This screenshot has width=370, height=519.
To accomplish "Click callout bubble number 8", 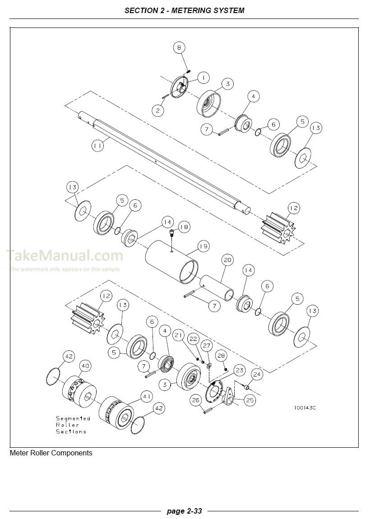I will pos(180,47).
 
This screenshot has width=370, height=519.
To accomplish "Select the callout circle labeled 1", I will pos(203,78).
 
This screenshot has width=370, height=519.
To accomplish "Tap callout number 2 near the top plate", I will pos(157,110).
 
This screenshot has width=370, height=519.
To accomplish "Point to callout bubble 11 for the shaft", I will pos(98,146).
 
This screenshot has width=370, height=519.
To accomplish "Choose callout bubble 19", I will pos(203,247).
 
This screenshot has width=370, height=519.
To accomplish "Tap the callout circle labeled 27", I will pos(206,346).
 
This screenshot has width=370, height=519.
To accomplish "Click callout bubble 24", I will pos(256,374).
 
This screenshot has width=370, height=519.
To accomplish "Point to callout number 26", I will pos(196,400).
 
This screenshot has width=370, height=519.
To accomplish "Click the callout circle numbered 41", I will pos(147,396).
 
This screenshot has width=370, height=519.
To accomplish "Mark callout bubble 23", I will pos(239,370).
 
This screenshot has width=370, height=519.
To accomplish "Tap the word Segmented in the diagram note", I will pos(73,418).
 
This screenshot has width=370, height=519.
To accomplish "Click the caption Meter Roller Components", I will pos(51,453).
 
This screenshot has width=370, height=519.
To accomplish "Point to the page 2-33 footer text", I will pos(184,511).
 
